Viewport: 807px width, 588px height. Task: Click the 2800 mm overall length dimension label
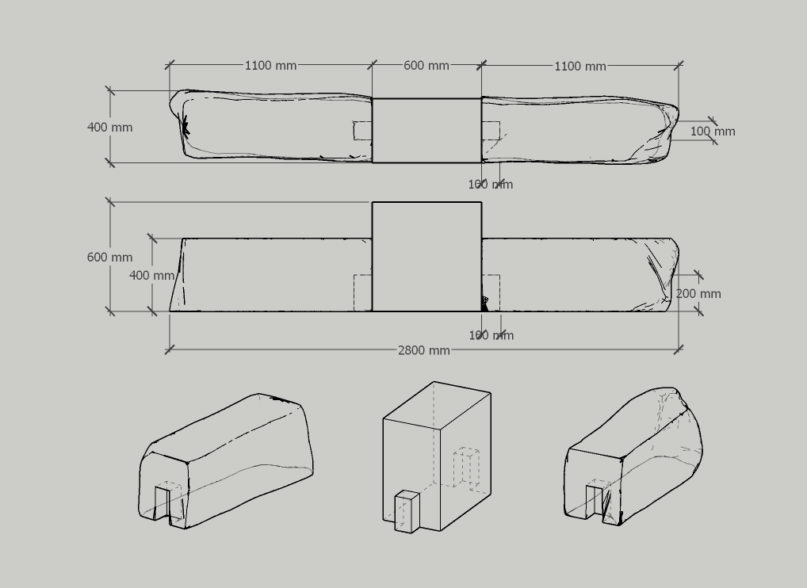[424, 351]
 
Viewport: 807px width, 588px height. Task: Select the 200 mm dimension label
[698, 294]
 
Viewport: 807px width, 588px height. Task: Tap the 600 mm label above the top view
[426, 66]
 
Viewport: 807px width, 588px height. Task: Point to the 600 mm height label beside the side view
[109, 258]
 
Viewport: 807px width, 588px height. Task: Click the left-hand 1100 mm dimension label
[270, 66]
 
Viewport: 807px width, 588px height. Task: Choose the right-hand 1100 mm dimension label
[580, 67]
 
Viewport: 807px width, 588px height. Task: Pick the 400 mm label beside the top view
[109, 128]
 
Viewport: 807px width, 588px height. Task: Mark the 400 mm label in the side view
[152, 276]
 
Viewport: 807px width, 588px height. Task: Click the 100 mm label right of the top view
[713, 132]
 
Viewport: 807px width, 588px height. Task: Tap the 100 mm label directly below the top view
[491, 185]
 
